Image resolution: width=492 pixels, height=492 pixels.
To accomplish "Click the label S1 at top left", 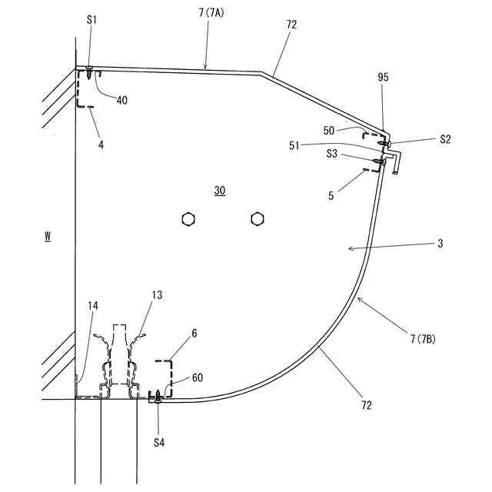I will pos(91,19).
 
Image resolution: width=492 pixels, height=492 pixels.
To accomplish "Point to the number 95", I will pos(384,78).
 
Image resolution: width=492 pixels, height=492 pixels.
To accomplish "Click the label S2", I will pos(446,139).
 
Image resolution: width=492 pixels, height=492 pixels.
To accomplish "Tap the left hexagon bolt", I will pos(188,220).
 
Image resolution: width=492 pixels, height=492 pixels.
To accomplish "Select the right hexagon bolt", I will pos(257,220).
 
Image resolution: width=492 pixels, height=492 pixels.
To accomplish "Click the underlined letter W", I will pos(48,237).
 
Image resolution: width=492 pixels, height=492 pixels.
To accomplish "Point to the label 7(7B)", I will pos(427,338).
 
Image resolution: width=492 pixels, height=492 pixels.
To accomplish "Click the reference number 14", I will pos(92,306).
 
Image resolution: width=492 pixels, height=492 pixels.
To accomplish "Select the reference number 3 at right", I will pos(440,243).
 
